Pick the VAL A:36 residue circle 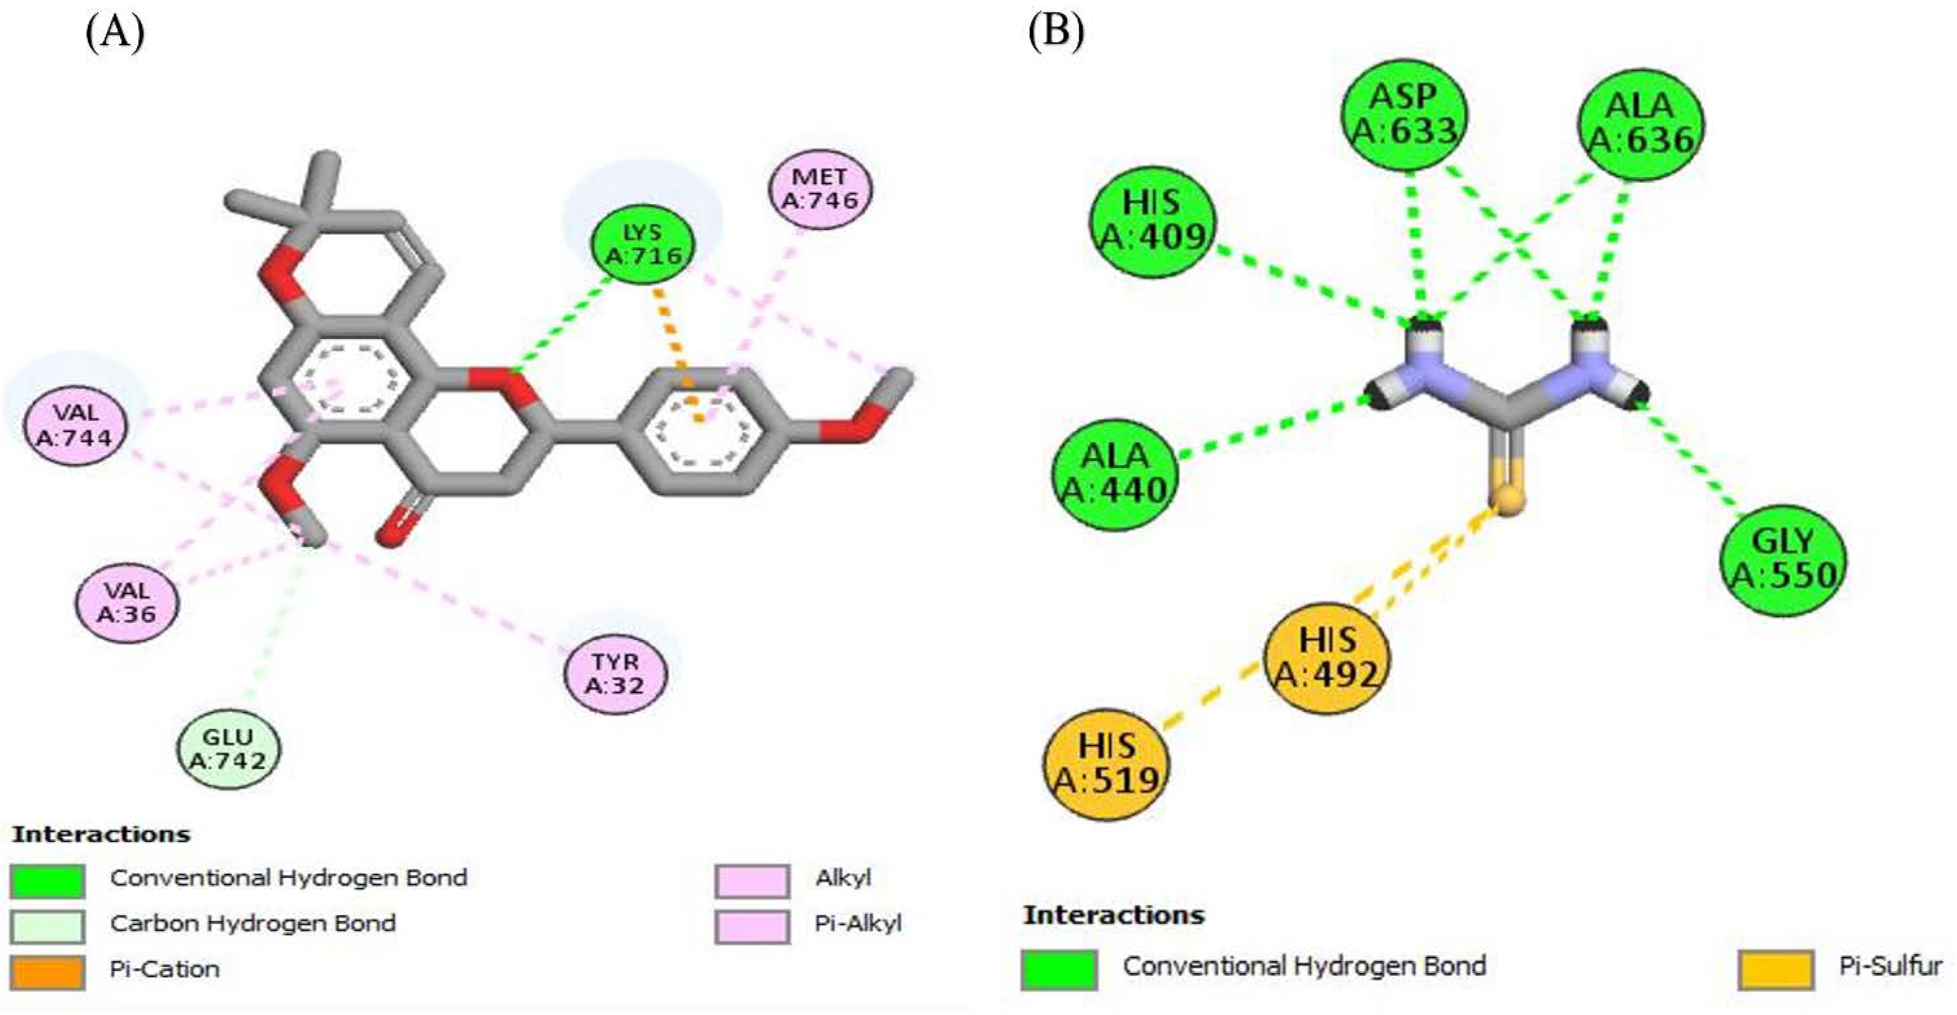(127, 602)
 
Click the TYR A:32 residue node (616, 673)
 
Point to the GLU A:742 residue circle (228, 748)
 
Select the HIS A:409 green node (1152, 221)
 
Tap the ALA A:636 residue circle (1640, 124)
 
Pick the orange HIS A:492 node (1326, 657)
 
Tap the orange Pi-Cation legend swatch (47, 972)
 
